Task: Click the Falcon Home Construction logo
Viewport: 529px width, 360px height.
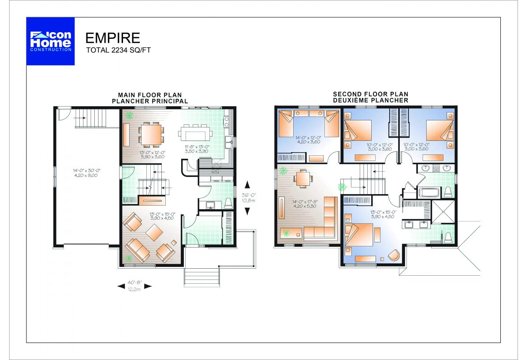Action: coord(50,41)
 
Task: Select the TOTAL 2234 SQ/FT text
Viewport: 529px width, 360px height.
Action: coord(118,50)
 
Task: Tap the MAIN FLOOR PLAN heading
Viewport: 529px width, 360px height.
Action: coord(150,95)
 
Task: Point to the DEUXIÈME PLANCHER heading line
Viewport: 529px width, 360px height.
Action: coord(370,101)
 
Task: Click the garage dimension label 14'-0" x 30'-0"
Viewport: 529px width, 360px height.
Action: coord(87,170)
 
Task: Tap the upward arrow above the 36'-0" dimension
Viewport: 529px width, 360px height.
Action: coord(247,184)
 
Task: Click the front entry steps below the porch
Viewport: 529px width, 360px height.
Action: coord(201,277)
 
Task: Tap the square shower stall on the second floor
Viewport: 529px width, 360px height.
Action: coord(443,212)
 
